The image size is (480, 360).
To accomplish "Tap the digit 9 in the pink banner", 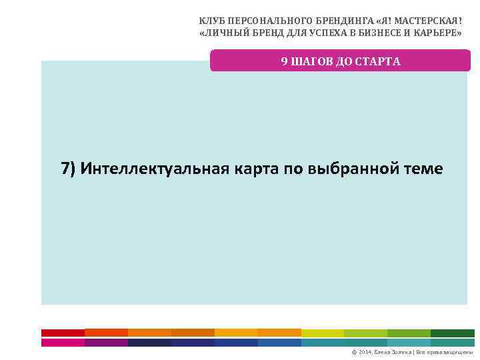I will pyautogui.click(x=284, y=61).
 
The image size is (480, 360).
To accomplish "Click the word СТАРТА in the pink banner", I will pyautogui.click(x=379, y=61).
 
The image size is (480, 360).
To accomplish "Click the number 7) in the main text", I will pyautogui.click(x=69, y=169).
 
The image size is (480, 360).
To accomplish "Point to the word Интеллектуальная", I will pyautogui.click(x=155, y=169).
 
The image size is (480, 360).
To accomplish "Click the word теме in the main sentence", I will pyautogui.click(x=425, y=169).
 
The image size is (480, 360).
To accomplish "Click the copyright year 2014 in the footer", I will pyautogui.click(x=366, y=352).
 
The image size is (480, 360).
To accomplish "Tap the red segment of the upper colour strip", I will pyautogui.click(x=63, y=333).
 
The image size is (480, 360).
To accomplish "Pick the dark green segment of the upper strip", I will pyautogui.click(x=453, y=333).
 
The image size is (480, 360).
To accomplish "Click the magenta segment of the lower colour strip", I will pyautogui.click(x=63, y=343).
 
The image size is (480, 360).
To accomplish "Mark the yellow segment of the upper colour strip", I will pyautogui.click(x=323, y=333).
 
